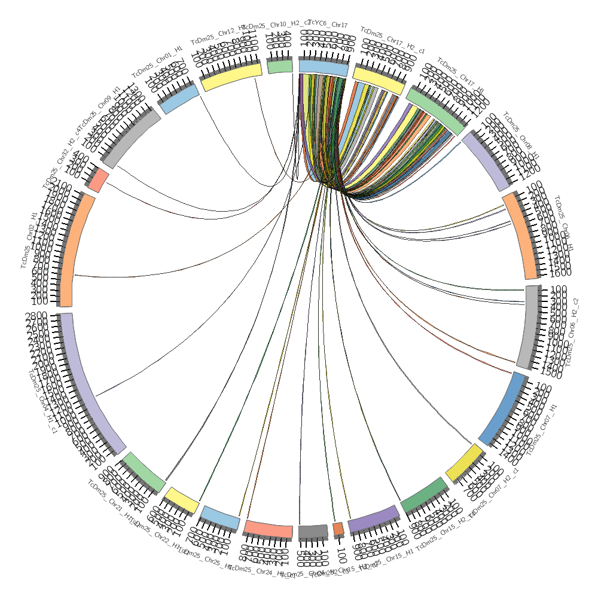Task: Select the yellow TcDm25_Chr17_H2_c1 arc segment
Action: pyautogui.click(x=379, y=80)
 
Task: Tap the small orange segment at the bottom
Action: pyautogui.click(x=338, y=529)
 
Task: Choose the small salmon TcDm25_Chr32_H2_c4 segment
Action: pyautogui.click(x=98, y=180)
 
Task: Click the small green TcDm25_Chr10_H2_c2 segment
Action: pyautogui.click(x=279, y=66)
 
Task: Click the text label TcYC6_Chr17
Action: pyautogui.click(x=327, y=25)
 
